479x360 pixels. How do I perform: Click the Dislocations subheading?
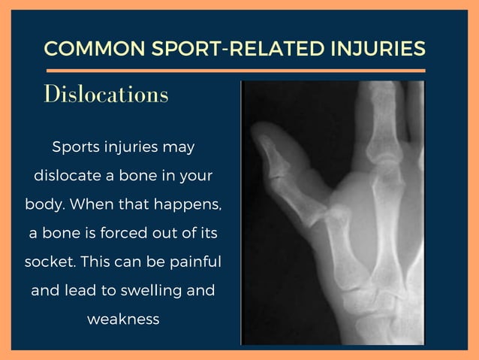(x=106, y=95)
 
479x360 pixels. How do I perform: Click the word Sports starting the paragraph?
(x=76, y=147)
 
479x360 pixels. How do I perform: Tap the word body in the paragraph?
(x=43, y=204)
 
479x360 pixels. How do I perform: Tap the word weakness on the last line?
(x=123, y=319)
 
